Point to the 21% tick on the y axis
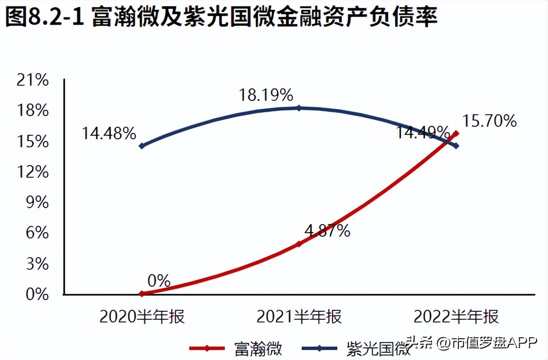32,80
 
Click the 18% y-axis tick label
32,111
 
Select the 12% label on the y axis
32,172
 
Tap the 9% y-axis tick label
37,203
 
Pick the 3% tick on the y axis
37,264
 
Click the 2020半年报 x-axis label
142,317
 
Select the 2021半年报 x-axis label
299,317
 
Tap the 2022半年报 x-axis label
456,317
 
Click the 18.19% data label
266,95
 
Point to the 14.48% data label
108,133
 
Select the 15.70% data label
490,121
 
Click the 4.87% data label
327,231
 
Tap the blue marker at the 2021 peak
299,108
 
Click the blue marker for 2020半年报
142,146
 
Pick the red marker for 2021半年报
299,244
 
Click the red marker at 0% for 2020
142,294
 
